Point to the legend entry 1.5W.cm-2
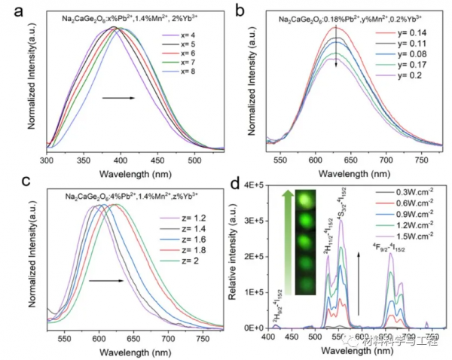[405, 239]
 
